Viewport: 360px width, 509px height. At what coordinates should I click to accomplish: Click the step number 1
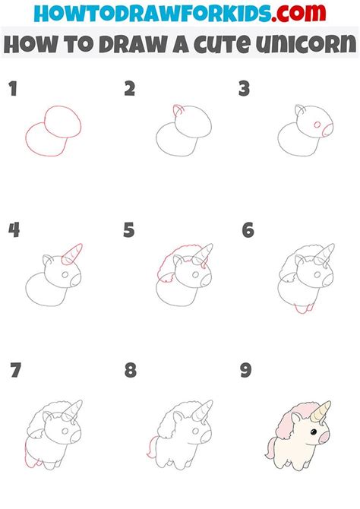coord(13,90)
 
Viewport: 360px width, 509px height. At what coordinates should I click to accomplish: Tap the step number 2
coord(129,90)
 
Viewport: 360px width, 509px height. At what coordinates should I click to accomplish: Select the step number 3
coord(244,90)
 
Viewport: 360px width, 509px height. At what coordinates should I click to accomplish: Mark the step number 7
coord(16,370)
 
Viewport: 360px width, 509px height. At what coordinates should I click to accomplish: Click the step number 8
coord(131,370)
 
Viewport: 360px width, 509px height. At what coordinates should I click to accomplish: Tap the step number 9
coord(245,370)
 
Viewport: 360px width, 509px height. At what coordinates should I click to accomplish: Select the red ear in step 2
coord(177,111)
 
